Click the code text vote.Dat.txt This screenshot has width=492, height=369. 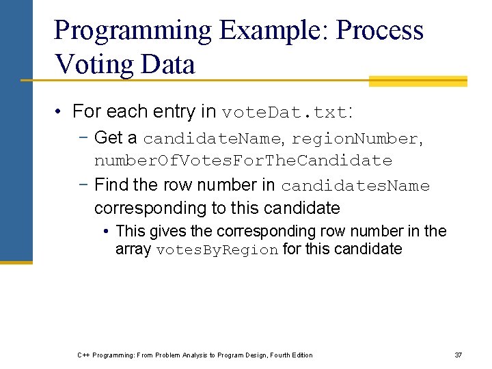[285, 112]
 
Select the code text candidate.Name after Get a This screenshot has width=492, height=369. [212, 139]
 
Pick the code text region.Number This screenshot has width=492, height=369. [354, 139]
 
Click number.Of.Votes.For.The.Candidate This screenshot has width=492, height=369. [243, 161]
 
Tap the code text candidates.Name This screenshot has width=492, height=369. [355, 186]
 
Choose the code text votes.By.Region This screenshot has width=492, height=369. [217, 250]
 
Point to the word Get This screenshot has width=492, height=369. [108, 138]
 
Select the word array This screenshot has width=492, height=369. [133, 249]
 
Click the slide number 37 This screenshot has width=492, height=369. [459, 355]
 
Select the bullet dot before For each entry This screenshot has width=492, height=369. [61, 112]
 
